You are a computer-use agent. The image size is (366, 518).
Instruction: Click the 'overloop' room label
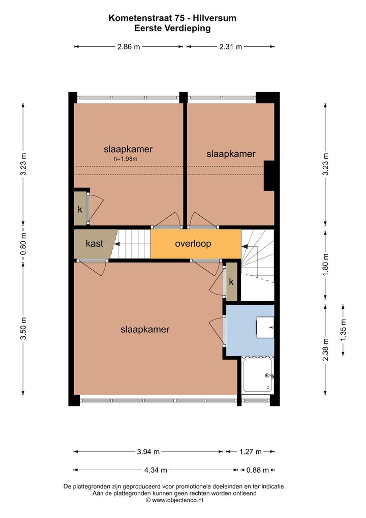click(x=193, y=244)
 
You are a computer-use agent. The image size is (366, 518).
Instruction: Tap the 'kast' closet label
click(x=95, y=243)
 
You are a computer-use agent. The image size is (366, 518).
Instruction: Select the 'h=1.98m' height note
click(x=126, y=159)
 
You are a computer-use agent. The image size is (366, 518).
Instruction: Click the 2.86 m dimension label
click(x=129, y=47)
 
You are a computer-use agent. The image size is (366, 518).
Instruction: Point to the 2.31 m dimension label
click(x=231, y=47)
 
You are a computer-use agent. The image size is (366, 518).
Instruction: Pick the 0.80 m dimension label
click(x=23, y=245)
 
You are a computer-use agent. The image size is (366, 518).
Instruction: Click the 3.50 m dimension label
click(x=23, y=328)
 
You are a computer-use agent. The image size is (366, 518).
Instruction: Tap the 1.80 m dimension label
click(x=326, y=265)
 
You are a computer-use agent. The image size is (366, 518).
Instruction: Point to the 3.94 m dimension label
click(x=148, y=452)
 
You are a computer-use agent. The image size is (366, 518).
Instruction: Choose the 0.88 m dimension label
click(x=258, y=470)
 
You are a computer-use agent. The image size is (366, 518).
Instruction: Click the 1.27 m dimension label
click(x=251, y=452)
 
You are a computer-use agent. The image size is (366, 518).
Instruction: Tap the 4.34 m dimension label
click(x=156, y=470)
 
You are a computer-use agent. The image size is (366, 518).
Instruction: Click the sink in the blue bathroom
click(x=265, y=327)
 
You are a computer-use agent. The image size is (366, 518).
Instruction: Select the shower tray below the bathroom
click(x=258, y=375)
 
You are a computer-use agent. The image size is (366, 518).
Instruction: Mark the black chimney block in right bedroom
click(x=269, y=176)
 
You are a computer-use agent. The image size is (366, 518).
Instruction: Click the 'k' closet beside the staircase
click(x=231, y=281)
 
